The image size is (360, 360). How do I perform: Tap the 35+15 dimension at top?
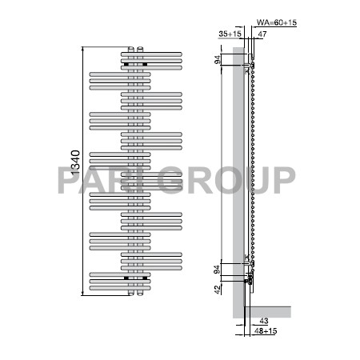229,34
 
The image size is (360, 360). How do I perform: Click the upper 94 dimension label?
218,59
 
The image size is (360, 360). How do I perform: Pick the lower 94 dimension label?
218,270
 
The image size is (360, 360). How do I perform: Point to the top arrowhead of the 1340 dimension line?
82,48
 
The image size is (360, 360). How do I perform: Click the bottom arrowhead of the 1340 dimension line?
82,294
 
